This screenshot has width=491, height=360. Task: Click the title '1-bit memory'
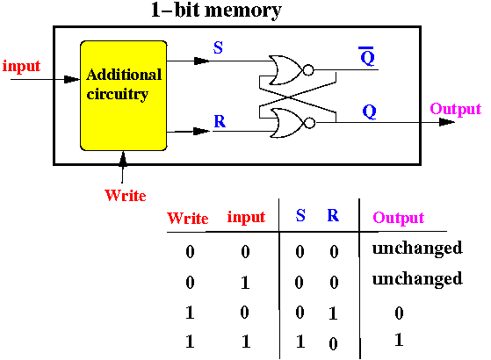tap(216, 11)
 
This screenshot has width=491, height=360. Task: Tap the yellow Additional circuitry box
tap(123, 96)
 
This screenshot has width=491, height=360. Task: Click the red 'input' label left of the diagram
tap(21, 67)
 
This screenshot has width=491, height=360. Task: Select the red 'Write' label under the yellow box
tap(126, 195)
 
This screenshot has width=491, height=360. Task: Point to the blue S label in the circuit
tap(218, 47)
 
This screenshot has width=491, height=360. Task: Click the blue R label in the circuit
tap(220, 121)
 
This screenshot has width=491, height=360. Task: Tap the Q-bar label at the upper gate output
tap(367, 56)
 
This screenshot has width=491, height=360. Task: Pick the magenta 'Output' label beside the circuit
tap(455, 110)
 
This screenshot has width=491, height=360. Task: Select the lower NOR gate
tap(287, 123)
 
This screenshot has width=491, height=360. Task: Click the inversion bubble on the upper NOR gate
tap(308, 70)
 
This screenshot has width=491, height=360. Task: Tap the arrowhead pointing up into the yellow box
tap(123, 159)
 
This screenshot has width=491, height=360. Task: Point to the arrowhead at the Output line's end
tap(447, 122)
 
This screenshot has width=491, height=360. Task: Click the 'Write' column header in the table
tap(188, 218)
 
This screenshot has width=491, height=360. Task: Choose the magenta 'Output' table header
tap(398, 218)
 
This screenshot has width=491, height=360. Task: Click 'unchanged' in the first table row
tap(417, 248)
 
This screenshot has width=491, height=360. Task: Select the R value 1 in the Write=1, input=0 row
tap(333, 313)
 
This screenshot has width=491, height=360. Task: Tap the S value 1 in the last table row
tap(300, 342)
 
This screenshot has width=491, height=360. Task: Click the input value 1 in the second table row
tap(245, 283)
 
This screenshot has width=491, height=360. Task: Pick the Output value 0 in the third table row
tap(399, 313)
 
